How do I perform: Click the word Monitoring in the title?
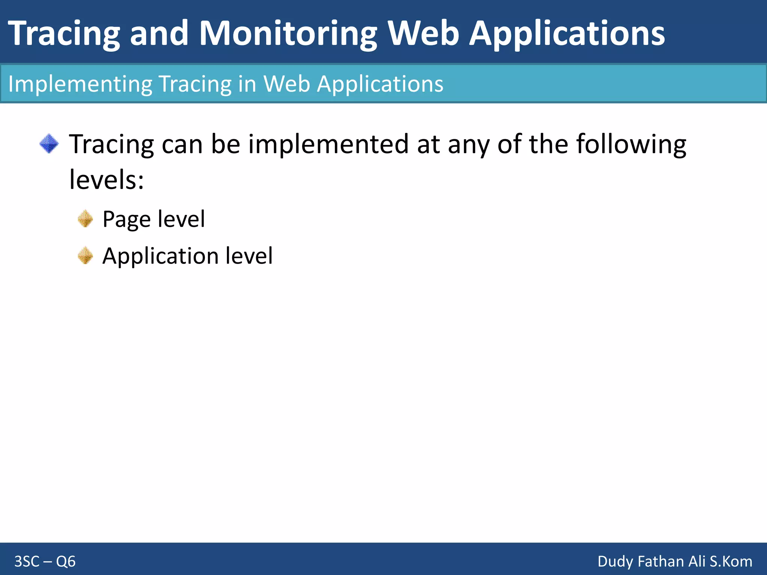pos(288,34)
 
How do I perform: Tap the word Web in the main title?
pos(423,34)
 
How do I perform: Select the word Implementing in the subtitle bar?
pos(80,84)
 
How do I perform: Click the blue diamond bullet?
pos(49,144)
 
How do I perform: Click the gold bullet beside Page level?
pos(85,219)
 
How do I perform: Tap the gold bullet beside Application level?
pos(85,256)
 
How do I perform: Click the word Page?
pos(126,219)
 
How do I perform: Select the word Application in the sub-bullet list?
pos(160,257)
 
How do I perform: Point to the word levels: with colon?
pos(106,180)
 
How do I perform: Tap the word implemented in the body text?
pos(328,144)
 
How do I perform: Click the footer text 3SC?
pos(27,562)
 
